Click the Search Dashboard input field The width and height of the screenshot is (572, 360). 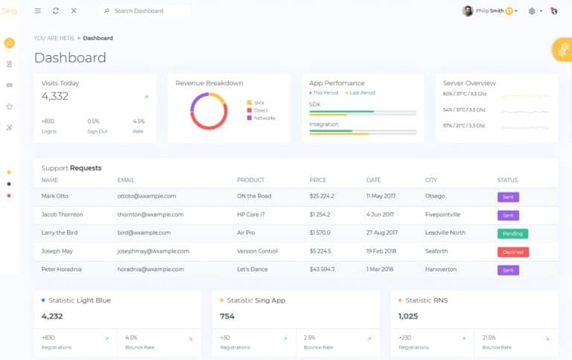145,11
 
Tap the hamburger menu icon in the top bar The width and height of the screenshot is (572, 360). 38,11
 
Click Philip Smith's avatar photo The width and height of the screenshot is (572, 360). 468,11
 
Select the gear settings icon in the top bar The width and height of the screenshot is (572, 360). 532,11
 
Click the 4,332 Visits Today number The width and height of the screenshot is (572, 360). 55,96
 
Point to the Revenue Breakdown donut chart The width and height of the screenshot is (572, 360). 209,110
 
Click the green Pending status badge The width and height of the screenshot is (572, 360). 512,233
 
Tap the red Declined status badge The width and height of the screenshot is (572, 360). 512,252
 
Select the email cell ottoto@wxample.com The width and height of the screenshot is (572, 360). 146,196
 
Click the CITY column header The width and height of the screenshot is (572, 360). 430,180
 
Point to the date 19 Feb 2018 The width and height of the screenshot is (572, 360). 382,251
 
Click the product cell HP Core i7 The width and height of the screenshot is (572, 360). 252,215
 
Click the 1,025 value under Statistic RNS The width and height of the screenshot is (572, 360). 409,316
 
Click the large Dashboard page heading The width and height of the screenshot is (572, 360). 70,57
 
